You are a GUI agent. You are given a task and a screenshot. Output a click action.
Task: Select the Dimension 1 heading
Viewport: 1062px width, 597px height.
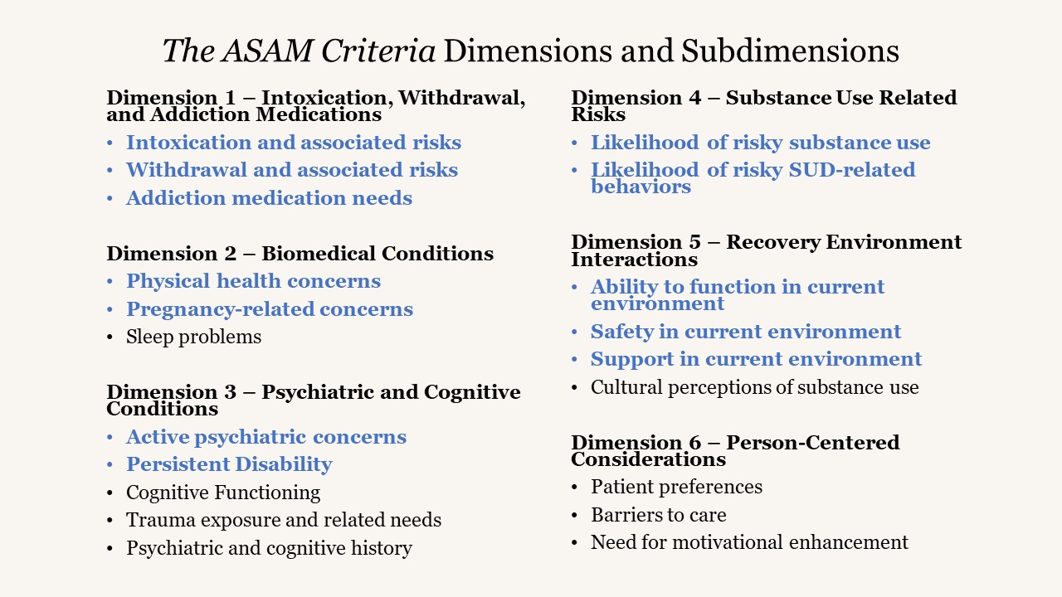[x=315, y=106]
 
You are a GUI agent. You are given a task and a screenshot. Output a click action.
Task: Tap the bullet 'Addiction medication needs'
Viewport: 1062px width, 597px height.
[x=269, y=198]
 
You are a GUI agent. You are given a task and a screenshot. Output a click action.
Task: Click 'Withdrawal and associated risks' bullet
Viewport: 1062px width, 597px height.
[x=291, y=170]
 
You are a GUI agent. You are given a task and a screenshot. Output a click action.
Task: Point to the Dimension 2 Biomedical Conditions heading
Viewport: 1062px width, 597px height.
[x=300, y=254]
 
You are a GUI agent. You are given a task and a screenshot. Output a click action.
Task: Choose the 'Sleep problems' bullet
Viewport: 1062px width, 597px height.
[x=193, y=337]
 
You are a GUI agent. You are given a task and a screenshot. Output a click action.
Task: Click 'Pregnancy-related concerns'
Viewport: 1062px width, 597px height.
[x=269, y=309]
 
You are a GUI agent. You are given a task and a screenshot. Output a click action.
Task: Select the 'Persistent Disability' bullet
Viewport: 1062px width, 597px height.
[x=229, y=464]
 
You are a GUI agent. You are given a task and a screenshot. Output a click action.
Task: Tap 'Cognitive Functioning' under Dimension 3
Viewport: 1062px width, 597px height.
[x=222, y=493]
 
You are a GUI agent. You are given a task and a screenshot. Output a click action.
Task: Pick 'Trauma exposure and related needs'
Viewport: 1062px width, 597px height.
[x=283, y=520]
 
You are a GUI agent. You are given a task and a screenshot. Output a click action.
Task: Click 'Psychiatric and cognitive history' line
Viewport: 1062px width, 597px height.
[x=269, y=548]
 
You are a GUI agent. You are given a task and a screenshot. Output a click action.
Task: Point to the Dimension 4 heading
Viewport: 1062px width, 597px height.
[x=763, y=106]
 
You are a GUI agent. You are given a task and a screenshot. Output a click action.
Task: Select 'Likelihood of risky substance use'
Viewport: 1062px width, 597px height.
[x=760, y=143]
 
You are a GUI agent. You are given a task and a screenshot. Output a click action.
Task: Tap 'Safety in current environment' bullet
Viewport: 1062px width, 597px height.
[x=745, y=332]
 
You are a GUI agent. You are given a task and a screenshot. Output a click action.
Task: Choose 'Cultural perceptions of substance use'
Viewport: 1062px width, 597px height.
[x=754, y=387]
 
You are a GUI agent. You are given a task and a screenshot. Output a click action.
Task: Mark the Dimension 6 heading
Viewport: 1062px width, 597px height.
[x=735, y=450]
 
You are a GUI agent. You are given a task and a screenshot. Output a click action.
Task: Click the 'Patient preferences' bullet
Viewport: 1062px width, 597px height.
[x=676, y=487]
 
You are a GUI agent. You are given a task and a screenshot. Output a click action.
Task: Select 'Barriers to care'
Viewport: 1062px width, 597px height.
[x=658, y=515]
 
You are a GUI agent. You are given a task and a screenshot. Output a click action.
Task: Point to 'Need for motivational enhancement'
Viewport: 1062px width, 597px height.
[x=749, y=542]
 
